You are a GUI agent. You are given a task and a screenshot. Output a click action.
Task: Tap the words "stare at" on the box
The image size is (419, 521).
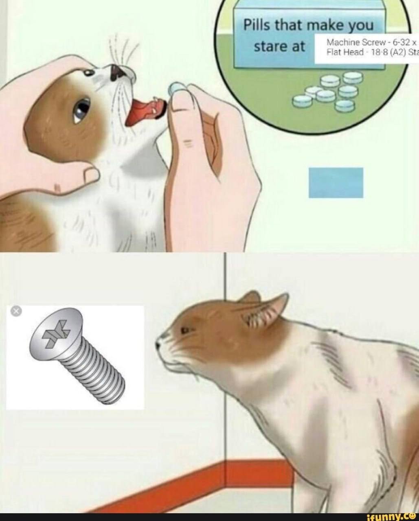279,46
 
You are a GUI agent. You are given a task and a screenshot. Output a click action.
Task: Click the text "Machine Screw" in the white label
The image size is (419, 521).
356,43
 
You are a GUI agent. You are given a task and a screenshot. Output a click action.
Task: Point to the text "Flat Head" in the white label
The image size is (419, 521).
345,52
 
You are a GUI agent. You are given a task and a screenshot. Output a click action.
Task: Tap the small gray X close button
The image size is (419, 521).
16,311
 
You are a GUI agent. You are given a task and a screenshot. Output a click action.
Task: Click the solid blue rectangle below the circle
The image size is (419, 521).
336,182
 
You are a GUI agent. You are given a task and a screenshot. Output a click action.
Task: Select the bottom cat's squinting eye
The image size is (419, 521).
186,330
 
